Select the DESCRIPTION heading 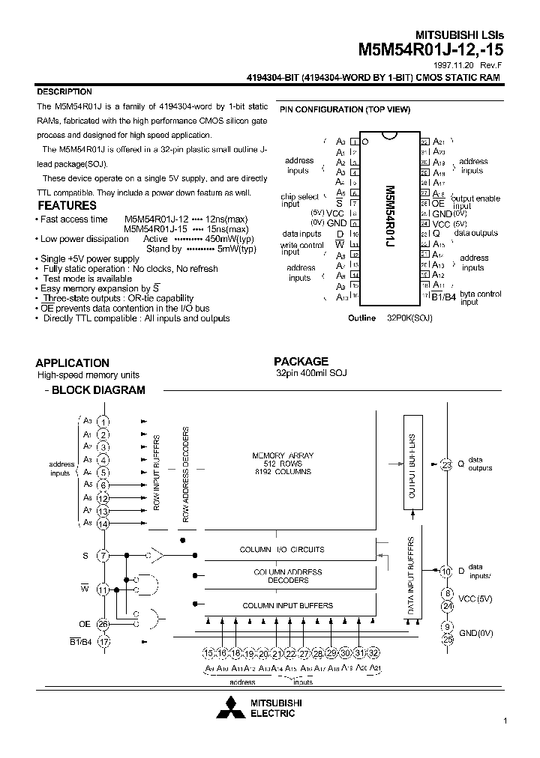(x=64, y=91)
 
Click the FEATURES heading (x=67, y=205)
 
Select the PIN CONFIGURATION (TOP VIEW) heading (x=345, y=109)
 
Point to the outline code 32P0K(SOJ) (x=409, y=318)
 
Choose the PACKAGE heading (x=301, y=361)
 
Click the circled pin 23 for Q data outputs (x=446, y=464)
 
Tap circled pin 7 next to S (x=103, y=556)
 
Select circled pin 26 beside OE (x=103, y=624)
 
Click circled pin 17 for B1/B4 (x=103, y=641)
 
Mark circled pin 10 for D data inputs (x=446, y=573)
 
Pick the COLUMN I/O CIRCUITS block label (x=282, y=550)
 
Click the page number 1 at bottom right (x=505, y=721)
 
